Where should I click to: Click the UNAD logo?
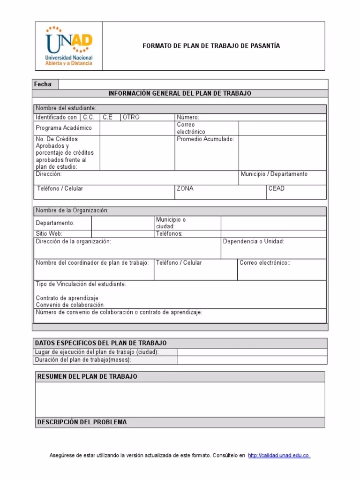click(69, 46)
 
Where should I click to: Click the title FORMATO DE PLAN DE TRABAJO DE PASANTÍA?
click(211, 46)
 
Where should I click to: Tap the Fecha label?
click(43, 84)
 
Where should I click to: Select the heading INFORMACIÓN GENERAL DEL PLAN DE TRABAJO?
click(180, 93)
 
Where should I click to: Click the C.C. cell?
click(89, 117)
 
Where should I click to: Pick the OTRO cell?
click(131, 117)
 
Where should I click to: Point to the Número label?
click(188, 117)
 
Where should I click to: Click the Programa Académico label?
click(64, 128)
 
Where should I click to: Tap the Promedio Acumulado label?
click(205, 139)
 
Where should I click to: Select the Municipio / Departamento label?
click(274, 174)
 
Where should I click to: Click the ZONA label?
click(185, 188)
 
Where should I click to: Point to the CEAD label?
click(276, 188)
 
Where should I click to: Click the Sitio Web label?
click(49, 233)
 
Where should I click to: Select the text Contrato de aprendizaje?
click(67, 298)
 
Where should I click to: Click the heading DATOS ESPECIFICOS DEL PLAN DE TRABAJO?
click(101, 343)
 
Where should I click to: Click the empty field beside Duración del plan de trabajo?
click(252, 360)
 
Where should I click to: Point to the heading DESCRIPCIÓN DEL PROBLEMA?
click(82, 422)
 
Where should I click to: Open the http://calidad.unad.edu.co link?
click(279, 456)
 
